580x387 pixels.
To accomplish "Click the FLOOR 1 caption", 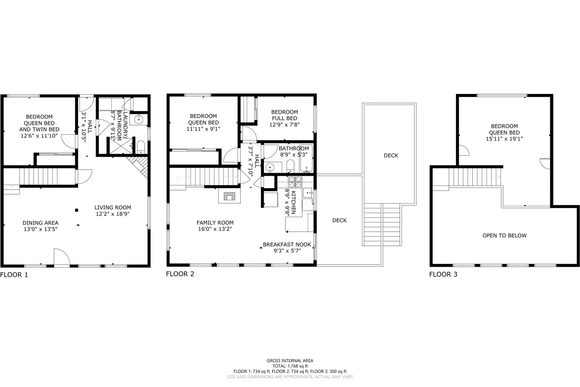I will click(x=14, y=275).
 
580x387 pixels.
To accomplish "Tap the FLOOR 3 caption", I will click(x=443, y=274).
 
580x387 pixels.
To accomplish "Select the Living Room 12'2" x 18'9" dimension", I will click(x=112, y=214).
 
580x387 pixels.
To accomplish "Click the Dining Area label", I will click(x=40, y=223).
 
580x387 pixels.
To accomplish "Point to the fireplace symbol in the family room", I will click(x=229, y=196).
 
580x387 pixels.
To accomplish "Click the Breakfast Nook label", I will click(x=287, y=244).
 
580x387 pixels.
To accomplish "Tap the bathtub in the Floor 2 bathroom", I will click(x=306, y=158).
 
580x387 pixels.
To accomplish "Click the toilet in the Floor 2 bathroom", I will click(x=290, y=167).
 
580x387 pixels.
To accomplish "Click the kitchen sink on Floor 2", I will click(x=308, y=192).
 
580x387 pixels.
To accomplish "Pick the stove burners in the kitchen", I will click(x=295, y=181).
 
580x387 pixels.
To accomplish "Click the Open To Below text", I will click(x=504, y=236).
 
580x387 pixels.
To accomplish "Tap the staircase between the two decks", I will click(x=382, y=224).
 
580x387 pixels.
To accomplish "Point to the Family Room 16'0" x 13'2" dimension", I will click(x=215, y=229).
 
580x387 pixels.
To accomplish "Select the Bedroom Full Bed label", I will click(x=284, y=115).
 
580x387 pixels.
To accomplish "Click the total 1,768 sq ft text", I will click(x=290, y=366).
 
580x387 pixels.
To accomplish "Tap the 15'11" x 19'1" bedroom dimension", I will click(x=504, y=139).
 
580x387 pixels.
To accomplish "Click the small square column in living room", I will click(x=77, y=210).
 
